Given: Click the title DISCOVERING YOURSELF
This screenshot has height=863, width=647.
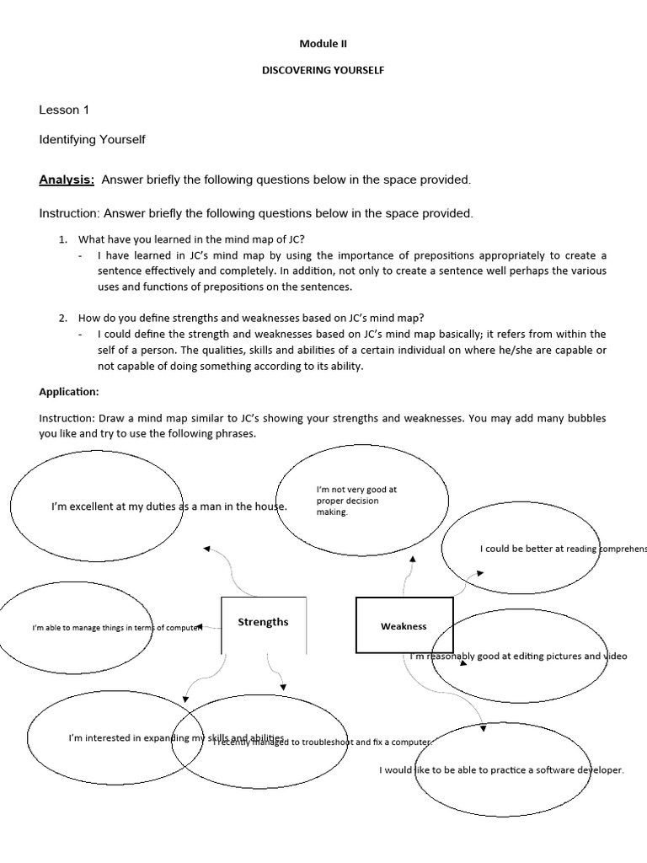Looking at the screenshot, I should (x=323, y=71).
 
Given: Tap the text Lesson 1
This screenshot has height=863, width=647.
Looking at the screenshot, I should (x=64, y=110).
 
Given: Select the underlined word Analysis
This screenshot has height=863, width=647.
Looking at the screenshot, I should (x=67, y=180).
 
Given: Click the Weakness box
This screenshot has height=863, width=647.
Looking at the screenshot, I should (x=404, y=626).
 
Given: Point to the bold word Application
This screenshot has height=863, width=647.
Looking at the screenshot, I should (x=69, y=392).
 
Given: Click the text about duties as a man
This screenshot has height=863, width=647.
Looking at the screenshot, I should (x=169, y=507).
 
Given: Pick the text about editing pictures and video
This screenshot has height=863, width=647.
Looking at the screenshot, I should (x=518, y=656).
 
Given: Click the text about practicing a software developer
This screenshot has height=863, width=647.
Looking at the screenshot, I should (x=501, y=769).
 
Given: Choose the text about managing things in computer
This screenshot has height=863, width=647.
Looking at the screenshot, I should (x=117, y=628).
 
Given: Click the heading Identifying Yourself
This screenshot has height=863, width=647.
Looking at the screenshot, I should (x=93, y=139).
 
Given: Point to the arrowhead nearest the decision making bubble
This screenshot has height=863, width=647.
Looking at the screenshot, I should (x=413, y=558).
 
